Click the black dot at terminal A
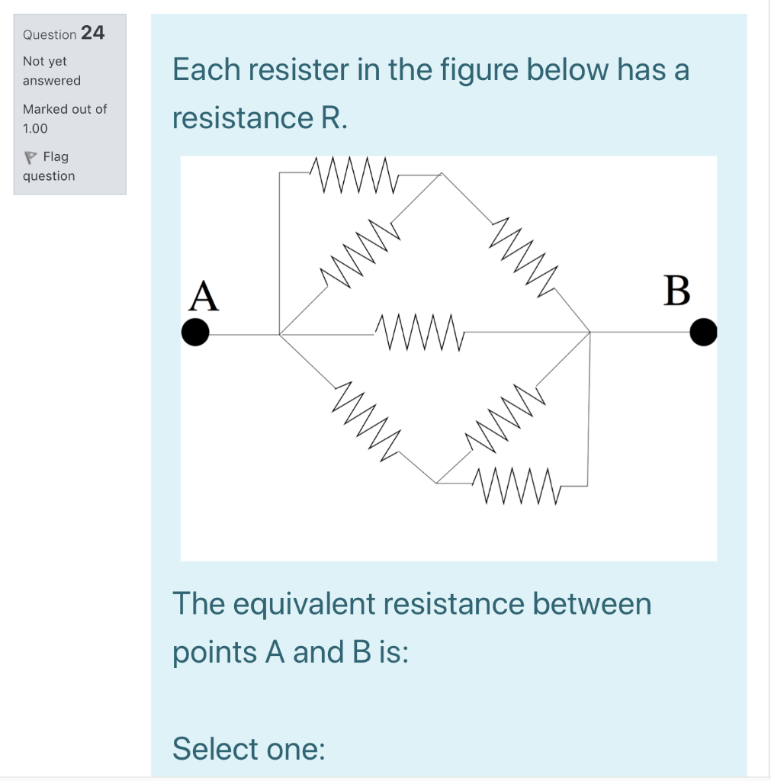click(196, 333)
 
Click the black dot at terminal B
click(703, 333)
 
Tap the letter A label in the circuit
click(204, 296)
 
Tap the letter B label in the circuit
click(677, 291)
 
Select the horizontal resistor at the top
click(352, 175)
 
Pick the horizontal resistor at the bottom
click(516, 486)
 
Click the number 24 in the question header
click(92, 33)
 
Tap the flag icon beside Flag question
click(30, 158)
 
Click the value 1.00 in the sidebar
click(35, 128)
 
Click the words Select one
click(249, 749)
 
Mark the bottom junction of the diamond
click(437, 483)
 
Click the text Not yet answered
click(50, 70)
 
